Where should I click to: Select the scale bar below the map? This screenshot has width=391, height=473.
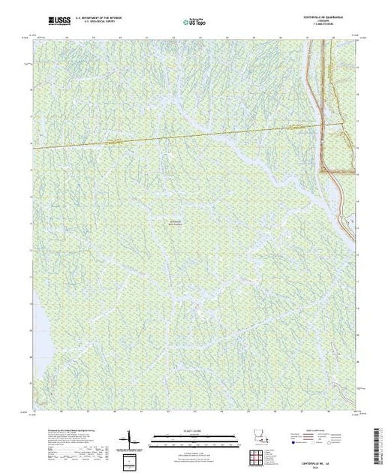tap(180, 436)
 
